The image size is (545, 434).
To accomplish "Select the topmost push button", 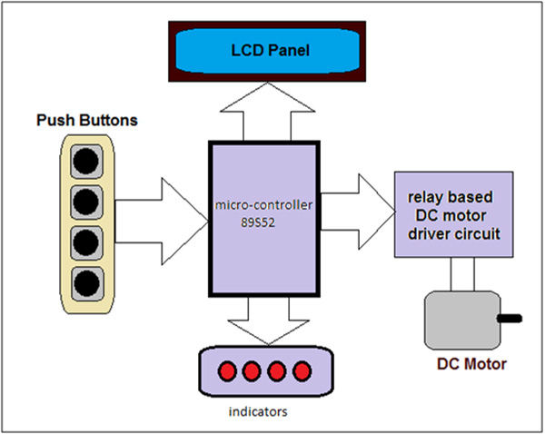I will coord(86,161).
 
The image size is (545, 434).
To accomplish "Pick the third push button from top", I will coord(86,242).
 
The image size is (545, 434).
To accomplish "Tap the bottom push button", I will coord(86,282).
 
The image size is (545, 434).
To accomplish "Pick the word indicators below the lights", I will coord(260,411).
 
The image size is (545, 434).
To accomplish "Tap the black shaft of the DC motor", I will coord(512,318).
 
